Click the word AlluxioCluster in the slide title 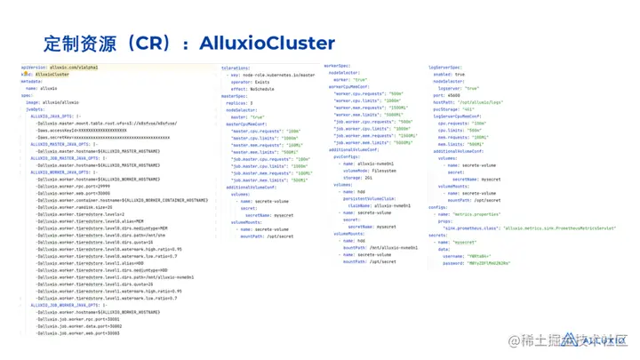(267, 43)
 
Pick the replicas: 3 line (242, 103)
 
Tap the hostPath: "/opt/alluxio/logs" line (476, 102)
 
